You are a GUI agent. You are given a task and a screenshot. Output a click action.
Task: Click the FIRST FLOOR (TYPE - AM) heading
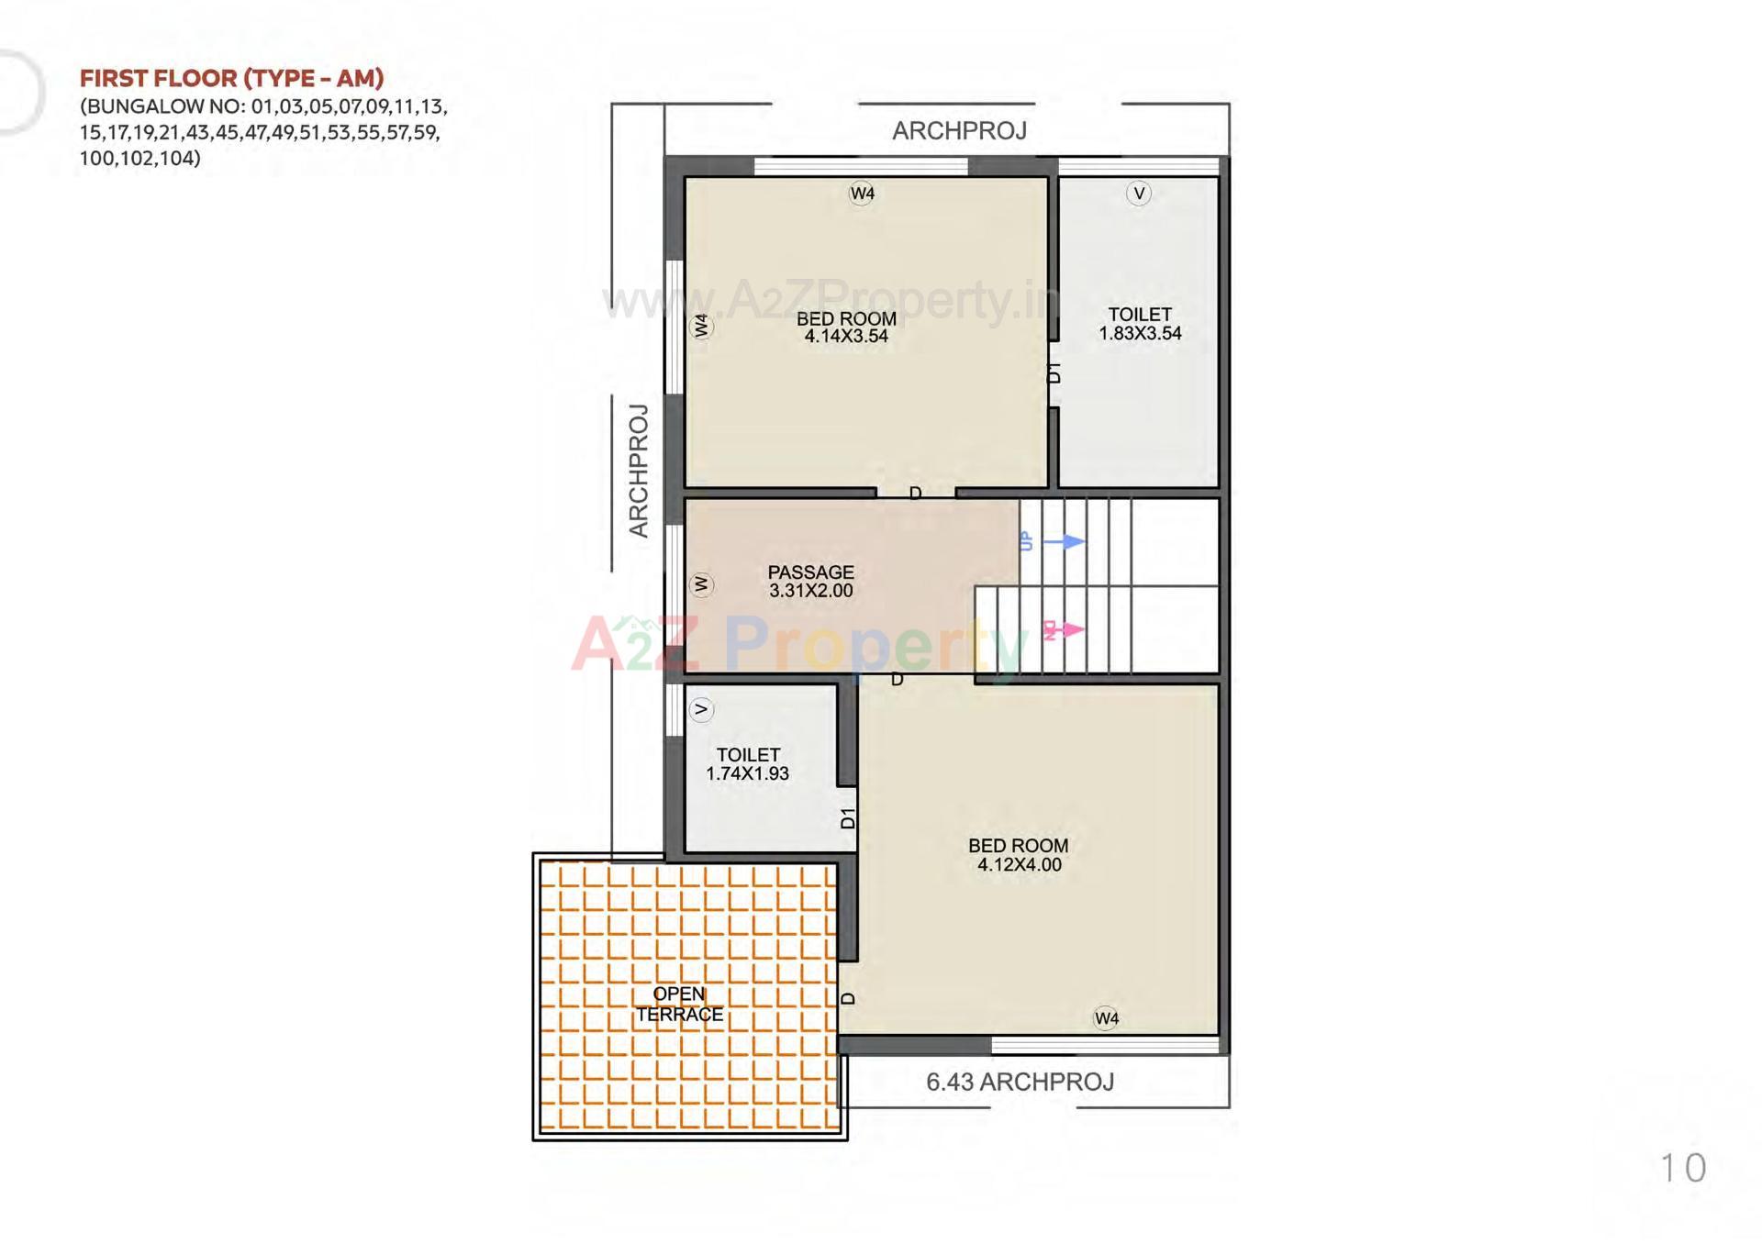pos(231,78)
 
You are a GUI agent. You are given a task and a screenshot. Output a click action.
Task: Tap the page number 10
pos(1683,1168)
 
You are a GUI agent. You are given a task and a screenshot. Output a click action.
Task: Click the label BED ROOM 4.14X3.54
pos(846,328)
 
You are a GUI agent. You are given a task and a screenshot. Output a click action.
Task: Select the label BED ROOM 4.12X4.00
pos(1019,855)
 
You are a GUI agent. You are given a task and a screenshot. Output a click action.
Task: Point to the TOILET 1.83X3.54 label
pos(1140,324)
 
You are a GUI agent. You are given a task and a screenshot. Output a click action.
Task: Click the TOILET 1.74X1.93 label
pos(748,763)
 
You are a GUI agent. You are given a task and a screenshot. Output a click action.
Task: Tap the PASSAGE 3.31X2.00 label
pos(810,582)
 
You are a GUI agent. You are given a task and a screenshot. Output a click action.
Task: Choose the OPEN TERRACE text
pos(680,1004)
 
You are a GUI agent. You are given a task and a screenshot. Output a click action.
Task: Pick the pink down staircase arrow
pos(1065,630)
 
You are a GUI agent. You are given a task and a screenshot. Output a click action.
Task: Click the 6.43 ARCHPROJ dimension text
pos(1020,1082)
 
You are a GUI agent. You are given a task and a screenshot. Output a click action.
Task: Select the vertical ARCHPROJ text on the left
pos(639,471)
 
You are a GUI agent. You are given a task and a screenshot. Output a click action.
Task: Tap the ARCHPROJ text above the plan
pos(959,130)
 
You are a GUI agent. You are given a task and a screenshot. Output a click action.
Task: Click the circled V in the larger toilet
pos(1139,193)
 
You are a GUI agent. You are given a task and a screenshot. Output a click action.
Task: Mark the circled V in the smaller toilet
pos(701,709)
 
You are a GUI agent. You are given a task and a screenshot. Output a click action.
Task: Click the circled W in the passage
pos(701,584)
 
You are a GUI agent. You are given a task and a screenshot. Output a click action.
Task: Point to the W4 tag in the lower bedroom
pos(1107,1018)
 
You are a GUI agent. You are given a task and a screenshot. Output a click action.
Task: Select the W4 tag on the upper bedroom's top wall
pos(862,193)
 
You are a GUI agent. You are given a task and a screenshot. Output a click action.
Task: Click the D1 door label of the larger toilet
pos(1054,372)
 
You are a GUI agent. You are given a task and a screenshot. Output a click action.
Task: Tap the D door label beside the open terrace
pos(848,998)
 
